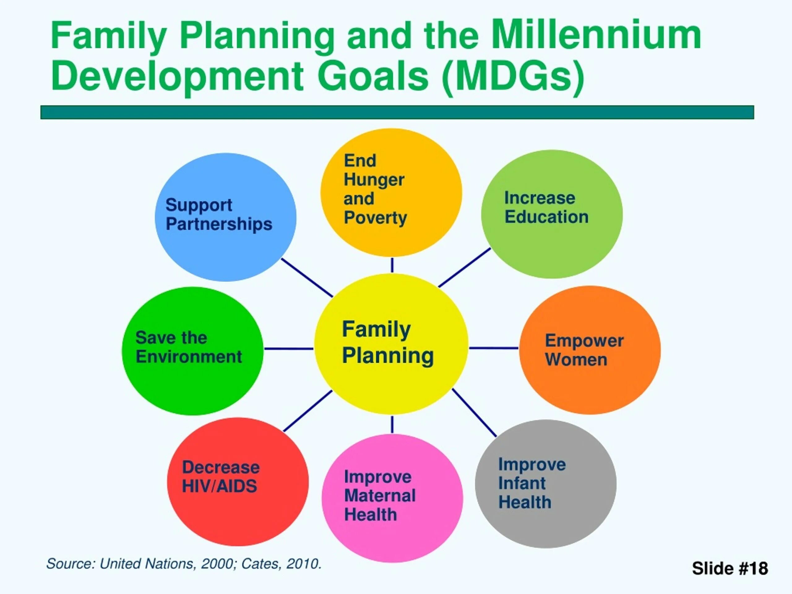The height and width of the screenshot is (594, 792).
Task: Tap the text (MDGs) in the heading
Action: tap(513, 76)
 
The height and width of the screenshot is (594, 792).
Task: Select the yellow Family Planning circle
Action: tap(391, 344)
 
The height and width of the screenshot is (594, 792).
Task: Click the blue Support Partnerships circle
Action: tap(226, 217)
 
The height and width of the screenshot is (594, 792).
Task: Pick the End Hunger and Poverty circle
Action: tap(391, 193)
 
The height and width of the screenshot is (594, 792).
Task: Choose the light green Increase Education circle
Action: tap(552, 214)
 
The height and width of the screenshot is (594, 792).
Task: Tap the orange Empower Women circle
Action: tap(590, 350)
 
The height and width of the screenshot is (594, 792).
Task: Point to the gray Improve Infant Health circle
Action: tap(546, 484)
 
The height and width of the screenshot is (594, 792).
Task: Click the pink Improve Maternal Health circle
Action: tap(392, 498)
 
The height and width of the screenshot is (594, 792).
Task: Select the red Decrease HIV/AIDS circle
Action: tap(238, 482)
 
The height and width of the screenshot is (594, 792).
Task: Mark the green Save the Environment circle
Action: tap(193, 351)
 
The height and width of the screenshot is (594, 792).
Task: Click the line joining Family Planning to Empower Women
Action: tap(493, 348)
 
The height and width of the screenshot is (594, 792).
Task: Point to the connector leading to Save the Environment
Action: tap(289, 348)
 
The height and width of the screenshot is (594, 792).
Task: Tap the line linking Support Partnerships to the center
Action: tap(307, 278)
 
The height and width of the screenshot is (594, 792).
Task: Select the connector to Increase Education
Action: tap(464, 268)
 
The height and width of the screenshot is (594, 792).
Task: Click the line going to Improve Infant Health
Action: tap(474, 412)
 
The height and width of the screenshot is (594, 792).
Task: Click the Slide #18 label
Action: tap(730, 568)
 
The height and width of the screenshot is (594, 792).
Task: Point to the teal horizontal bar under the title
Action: tap(397, 112)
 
